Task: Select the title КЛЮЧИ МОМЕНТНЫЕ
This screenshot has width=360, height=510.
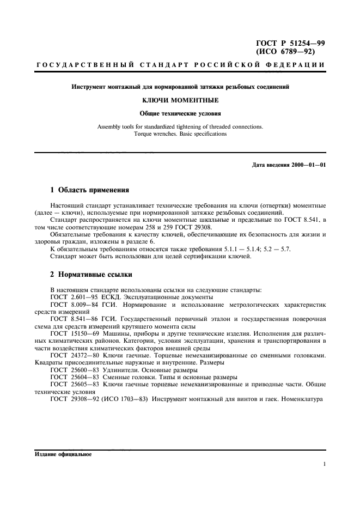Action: coord(180,101)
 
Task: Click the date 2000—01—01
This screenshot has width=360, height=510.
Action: coord(308,165)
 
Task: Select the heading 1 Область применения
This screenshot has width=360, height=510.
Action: coord(89,190)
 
